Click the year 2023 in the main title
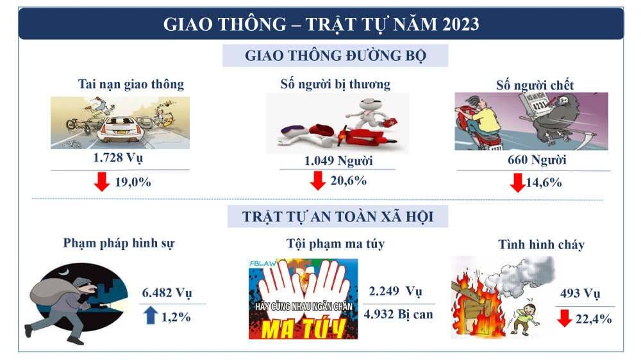(x=459, y=24)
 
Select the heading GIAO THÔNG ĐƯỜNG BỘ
(x=335, y=56)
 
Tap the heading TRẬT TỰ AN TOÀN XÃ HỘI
(x=338, y=217)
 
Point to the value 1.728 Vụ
(x=119, y=158)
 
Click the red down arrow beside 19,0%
(x=101, y=182)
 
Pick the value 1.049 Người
(x=338, y=160)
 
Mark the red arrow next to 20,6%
(x=317, y=181)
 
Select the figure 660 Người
(x=537, y=160)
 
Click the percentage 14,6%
(x=544, y=183)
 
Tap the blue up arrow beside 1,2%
(x=151, y=315)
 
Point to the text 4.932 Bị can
(x=398, y=314)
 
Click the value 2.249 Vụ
(x=395, y=292)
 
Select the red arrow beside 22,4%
(x=564, y=318)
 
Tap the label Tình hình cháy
(x=541, y=244)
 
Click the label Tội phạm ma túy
(x=335, y=243)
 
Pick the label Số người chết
(x=535, y=85)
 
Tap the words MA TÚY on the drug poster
(x=303, y=327)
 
